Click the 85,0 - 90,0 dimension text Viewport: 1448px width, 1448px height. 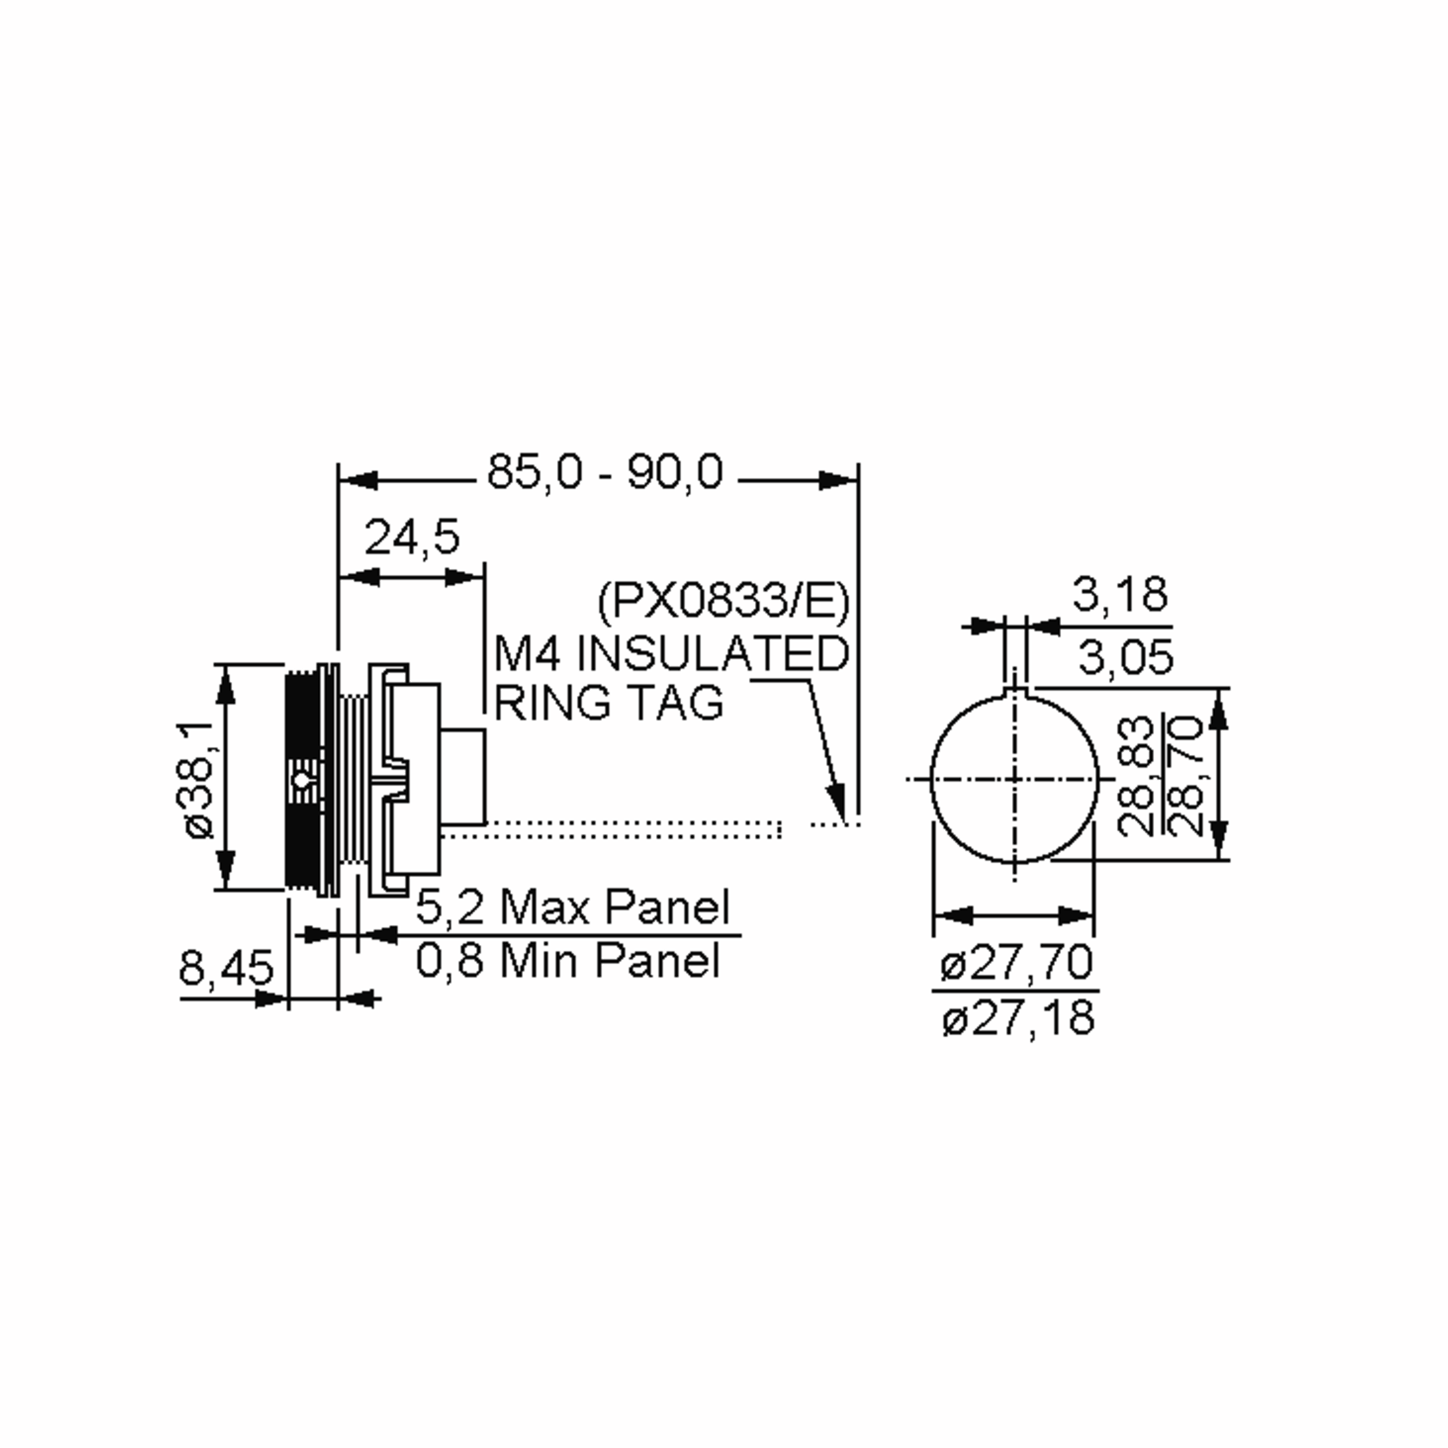(606, 474)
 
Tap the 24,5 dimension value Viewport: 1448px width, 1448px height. (412, 538)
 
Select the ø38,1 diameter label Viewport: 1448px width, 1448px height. (198, 780)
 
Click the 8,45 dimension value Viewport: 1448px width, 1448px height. (226, 968)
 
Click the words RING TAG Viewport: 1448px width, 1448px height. (609, 703)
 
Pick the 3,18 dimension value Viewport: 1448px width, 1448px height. (1120, 594)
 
